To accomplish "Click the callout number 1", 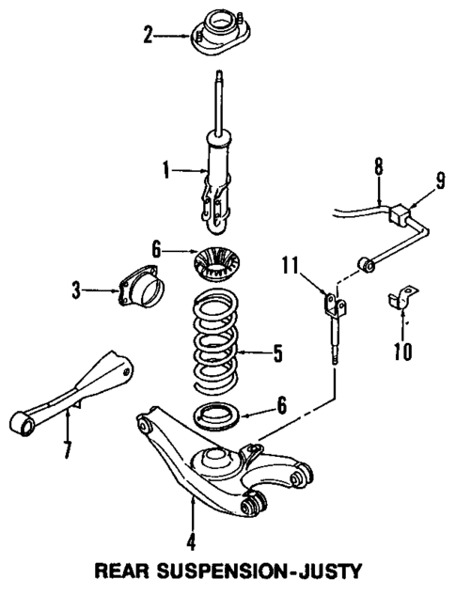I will coord(165,171).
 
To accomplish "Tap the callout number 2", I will coord(148,37).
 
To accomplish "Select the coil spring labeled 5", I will coord(219,343).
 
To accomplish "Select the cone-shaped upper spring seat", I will coord(218,262).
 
